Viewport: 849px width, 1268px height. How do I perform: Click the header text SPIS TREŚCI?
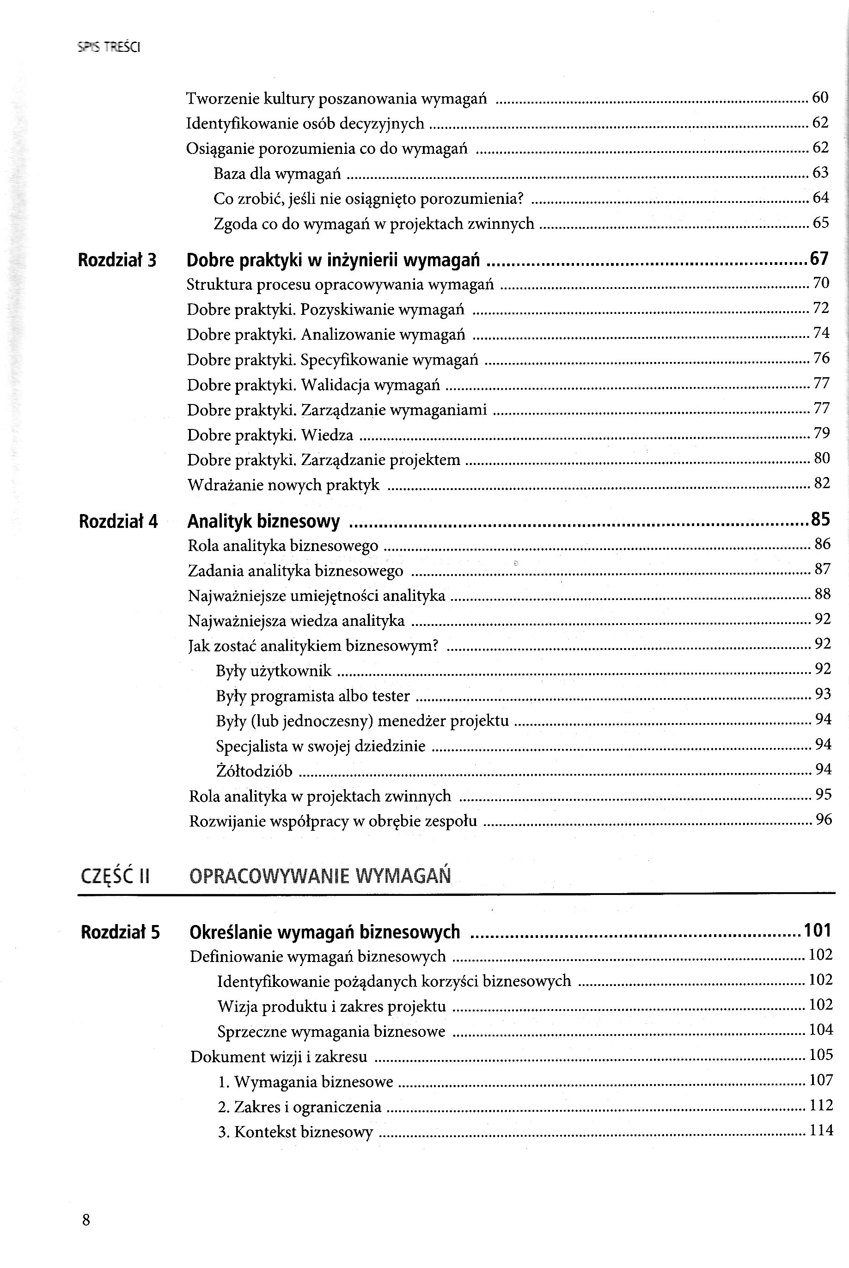click(109, 48)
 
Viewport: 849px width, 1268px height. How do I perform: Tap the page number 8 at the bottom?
click(86, 1219)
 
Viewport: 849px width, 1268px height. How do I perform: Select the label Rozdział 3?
click(117, 260)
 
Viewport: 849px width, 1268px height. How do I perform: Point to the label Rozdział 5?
click(120, 932)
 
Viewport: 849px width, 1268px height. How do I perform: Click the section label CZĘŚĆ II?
click(115, 876)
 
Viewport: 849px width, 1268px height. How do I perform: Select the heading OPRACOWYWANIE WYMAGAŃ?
click(320, 876)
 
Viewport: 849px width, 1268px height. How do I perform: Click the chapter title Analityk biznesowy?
click(264, 521)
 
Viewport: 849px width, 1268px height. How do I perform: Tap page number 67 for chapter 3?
click(819, 259)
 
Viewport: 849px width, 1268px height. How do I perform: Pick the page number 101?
click(818, 930)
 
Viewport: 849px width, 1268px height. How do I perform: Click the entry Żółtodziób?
click(254, 771)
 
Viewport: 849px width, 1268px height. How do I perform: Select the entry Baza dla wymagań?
click(277, 174)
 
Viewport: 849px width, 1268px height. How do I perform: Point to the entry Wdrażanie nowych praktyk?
click(283, 485)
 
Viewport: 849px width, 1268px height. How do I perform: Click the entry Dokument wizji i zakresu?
click(279, 1056)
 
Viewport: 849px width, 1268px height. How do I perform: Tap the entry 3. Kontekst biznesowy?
click(296, 1132)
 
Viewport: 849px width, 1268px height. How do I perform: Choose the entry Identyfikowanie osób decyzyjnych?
click(305, 123)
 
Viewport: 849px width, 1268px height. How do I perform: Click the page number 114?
click(821, 1130)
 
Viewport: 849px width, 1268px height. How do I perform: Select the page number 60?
click(820, 98)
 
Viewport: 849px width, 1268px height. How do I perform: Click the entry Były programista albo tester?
click(313, 696)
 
